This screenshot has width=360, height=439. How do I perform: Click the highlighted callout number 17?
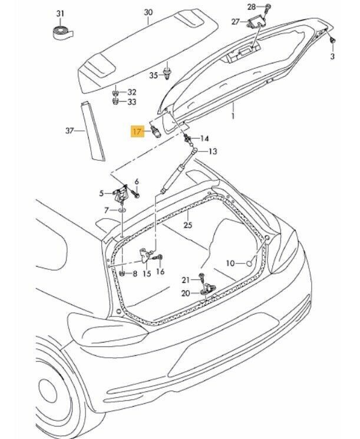[136, 131]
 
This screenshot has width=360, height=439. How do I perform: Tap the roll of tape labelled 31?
[61, 33]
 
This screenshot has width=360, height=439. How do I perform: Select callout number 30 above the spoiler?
[148, 12]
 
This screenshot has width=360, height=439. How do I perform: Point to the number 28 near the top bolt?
[252, 7]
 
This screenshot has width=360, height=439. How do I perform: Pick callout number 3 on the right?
[332, 56]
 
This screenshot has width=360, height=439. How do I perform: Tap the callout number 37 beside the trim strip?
[69, 130]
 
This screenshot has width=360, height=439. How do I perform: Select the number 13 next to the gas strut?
[212, 151]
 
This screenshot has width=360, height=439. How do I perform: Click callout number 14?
[204, 138]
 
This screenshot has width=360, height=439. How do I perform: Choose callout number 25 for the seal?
[187, 225]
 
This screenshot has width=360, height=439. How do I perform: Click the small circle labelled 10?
[249, 263]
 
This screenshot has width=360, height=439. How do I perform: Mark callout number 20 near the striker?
[185, 293]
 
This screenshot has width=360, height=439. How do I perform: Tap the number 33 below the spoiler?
[131, 101]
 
